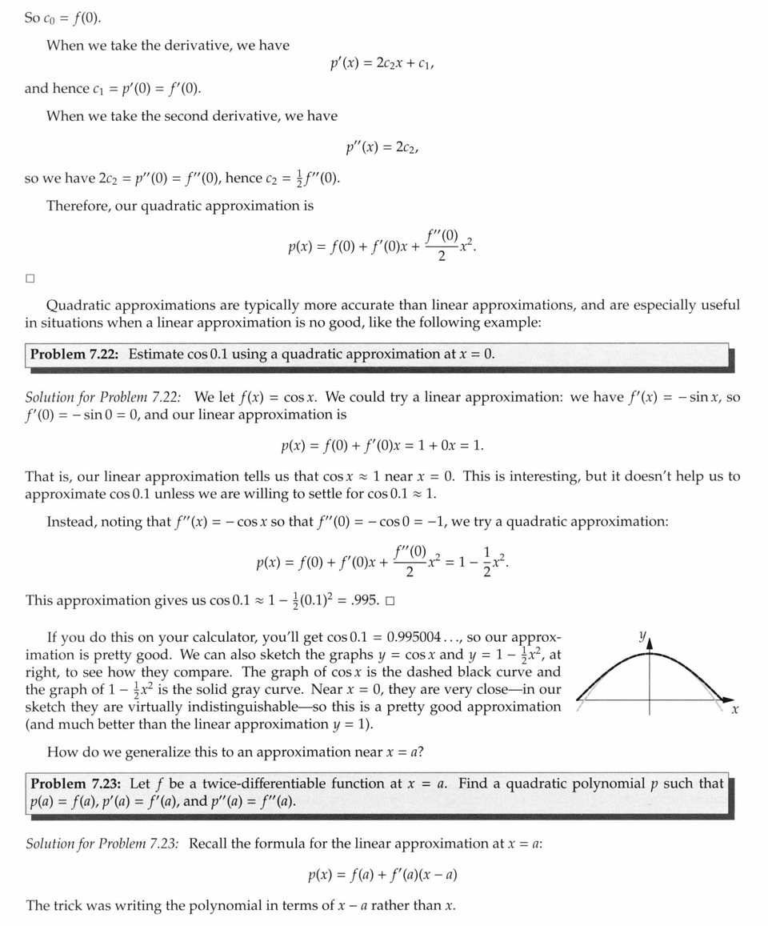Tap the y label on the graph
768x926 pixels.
[641, 636]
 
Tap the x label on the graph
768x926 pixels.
[734, 710]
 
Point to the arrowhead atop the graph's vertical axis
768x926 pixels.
[650, 641]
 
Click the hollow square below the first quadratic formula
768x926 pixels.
[30, 279]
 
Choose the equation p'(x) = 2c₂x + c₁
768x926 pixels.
[382, 62]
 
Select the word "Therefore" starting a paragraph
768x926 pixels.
[78, 206]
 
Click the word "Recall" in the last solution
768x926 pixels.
[210, 844]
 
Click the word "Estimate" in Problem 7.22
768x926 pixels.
[155, 354]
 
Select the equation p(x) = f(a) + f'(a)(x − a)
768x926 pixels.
[382, 875]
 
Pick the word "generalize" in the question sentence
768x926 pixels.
[157, 752]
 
